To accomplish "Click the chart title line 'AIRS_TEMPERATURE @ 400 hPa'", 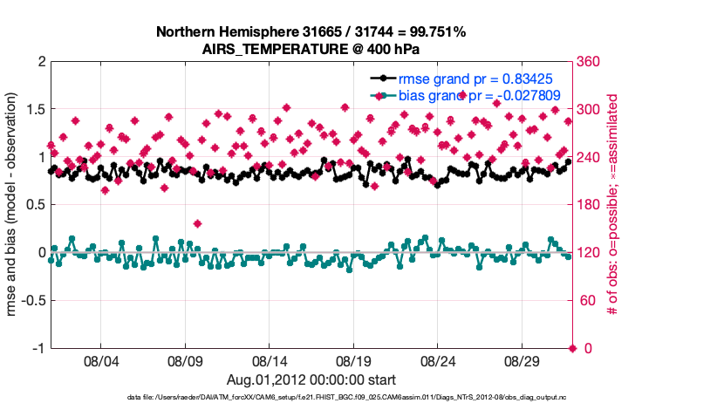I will point(311,48).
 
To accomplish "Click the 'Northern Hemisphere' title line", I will point(311,31).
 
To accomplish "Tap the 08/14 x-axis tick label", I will point(270,360).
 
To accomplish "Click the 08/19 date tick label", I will point(354,360).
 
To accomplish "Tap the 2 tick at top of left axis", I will point(41,62).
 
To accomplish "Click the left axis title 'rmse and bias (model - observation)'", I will point(14,205).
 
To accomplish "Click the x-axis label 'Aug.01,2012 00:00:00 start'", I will point(311,379).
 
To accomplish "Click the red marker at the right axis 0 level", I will point(572,348).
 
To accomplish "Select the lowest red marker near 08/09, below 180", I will point(197,224).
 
